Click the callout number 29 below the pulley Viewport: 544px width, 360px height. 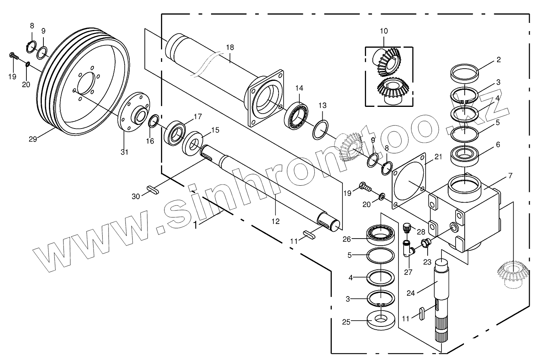pos(33,139)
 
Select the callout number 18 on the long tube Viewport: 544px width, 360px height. pos(230,47)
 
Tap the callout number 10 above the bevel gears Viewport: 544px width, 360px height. pos(384,31)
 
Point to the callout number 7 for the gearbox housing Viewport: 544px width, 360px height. pos(510,176)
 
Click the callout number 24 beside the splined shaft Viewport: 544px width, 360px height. pos(411,293)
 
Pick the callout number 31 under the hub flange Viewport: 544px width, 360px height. pos(124,152)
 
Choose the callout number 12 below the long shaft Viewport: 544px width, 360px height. pos(275,221)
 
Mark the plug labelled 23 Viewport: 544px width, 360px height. pos(425,244)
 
